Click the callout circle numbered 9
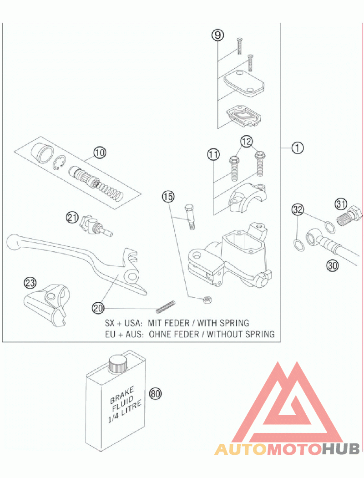pos(217,36)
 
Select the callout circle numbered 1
pos(297,148)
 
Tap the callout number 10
pos(100,152)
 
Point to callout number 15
pos(168,197)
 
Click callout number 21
pos(72,218)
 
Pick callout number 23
pos(30,283)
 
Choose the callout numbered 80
pos(155,394)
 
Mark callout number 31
pos(341,203)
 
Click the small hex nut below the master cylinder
pos(207,300)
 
